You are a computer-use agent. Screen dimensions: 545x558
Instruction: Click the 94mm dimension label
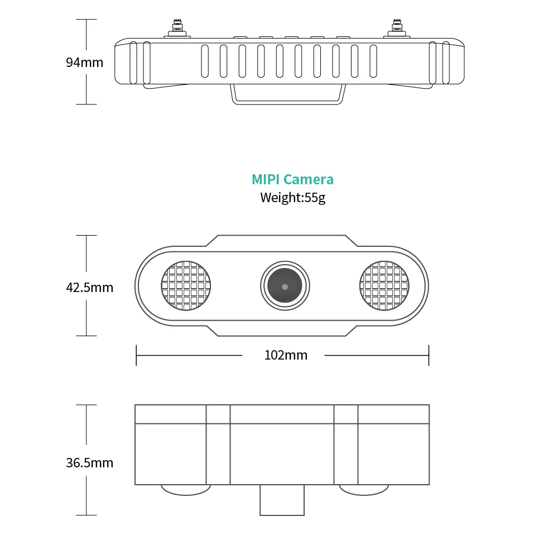pyautogui.click(x=84, y=62)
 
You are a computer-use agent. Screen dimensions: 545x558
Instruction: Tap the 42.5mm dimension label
pyautogui.click(x=89, y=288)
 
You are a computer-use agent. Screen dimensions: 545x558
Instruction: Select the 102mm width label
pyautogui.click(x=286, y=355)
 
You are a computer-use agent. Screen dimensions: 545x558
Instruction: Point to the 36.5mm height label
pyautogui.click(x=89, y=462)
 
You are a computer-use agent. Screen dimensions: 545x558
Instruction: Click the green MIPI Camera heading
pyautogui.click(x=292, y=179)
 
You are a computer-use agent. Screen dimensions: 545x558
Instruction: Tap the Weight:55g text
pyautogui.click(x=292, y=197)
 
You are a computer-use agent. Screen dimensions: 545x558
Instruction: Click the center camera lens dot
pyautogui.click(x=285, y=286)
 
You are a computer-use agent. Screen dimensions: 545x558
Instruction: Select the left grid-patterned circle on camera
pyautogui.click(x=187, y=286)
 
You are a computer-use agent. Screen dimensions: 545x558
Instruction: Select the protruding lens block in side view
pyautogui.click(x=282, y=500)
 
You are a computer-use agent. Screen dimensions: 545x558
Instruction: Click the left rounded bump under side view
pyautogui.click(x=186, y=489)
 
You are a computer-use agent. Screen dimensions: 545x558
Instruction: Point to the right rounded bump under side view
pyautogui.click(x=364, y=489)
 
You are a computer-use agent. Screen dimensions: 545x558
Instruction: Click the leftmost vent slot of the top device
pyautogui.click(x=204, y=61)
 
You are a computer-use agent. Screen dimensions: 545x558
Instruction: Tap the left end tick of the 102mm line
pyautogui.click(x=136, y=355)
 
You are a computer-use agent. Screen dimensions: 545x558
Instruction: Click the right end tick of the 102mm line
pyautogui.click(x=429, y=355)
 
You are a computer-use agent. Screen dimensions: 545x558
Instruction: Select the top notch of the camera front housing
pyautogui.click(x=282, y=241)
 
